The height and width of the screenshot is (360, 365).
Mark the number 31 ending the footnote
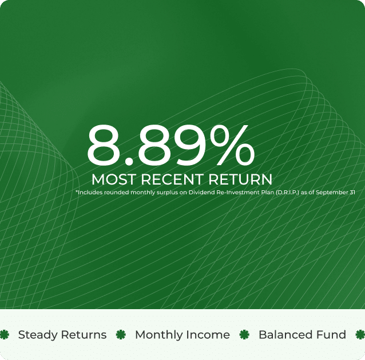[352, 193]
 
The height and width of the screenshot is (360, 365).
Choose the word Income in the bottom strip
[209, 335]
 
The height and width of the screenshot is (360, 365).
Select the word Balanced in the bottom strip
[282, 335]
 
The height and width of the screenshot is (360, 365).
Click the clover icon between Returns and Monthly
[121, 335]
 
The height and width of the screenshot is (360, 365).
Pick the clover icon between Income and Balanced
[244, 335]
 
